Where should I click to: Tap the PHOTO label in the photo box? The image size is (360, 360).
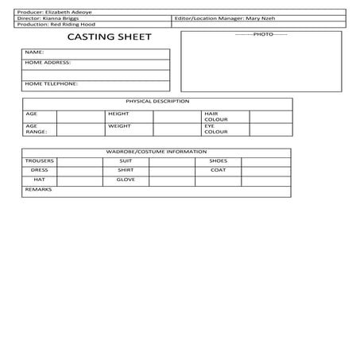[x=262, y=35]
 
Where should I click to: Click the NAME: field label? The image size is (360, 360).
[x=34, y=52]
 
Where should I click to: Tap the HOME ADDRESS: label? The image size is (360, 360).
[x=48, y=62]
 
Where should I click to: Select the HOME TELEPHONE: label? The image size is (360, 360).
[x=51, y=83]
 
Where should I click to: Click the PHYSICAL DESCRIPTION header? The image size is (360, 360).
[x=157, y=102]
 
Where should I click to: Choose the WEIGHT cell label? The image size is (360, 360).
[x=118, y=126]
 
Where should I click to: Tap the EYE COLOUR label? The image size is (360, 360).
[x=215, y=128]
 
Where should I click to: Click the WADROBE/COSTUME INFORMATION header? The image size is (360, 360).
[x=157, y=151]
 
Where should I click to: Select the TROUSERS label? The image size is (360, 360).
[x=39, y=161]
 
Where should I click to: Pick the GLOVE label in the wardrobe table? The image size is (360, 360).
[x=126, y=180]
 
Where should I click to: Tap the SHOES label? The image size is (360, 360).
[x=218, y=161]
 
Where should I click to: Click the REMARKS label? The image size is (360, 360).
[x=37, y=189]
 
